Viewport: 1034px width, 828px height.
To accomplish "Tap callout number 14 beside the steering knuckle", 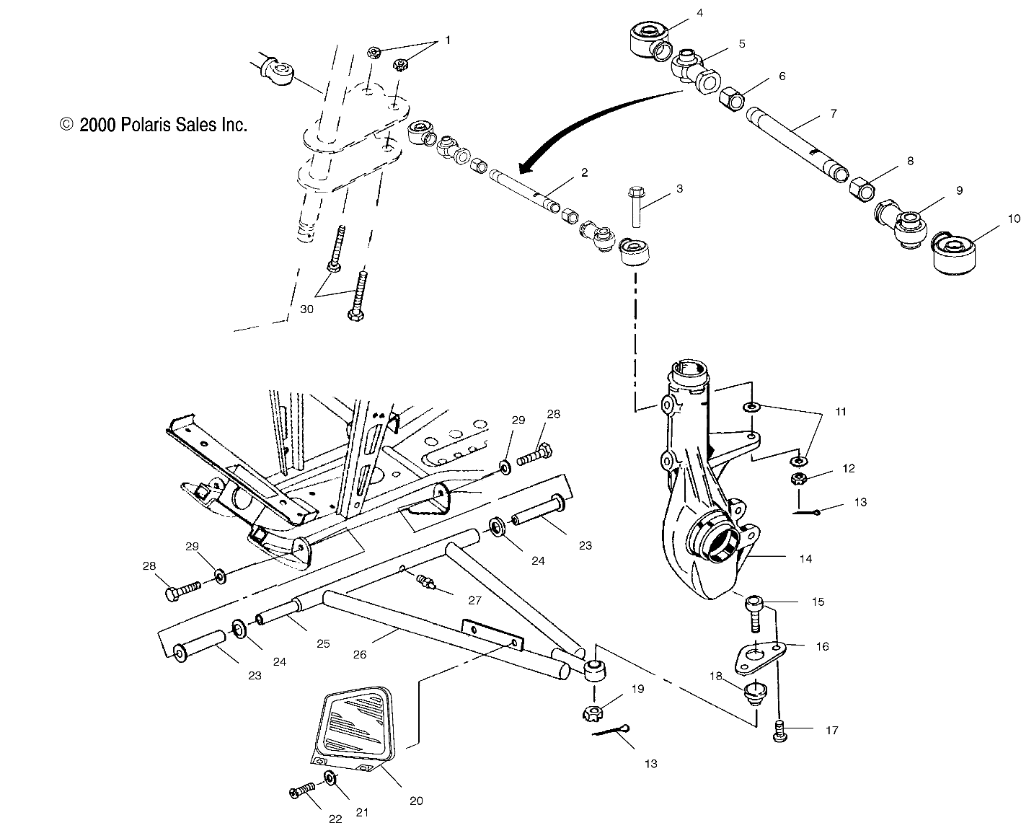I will point(805,558).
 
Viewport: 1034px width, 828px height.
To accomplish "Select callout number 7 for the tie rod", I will point(833,114).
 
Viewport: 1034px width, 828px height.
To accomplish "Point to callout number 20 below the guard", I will point(416,800).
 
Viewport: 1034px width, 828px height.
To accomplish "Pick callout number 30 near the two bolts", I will point(307,309).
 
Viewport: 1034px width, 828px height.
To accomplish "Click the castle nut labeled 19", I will point(591,713).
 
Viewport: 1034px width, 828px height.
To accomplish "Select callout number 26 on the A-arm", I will point(359,654).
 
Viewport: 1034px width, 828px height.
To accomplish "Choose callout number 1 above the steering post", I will point(447,40).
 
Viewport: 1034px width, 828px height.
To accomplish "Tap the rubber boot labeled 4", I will point(647,38).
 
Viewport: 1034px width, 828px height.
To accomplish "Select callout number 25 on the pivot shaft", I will point(323,643).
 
